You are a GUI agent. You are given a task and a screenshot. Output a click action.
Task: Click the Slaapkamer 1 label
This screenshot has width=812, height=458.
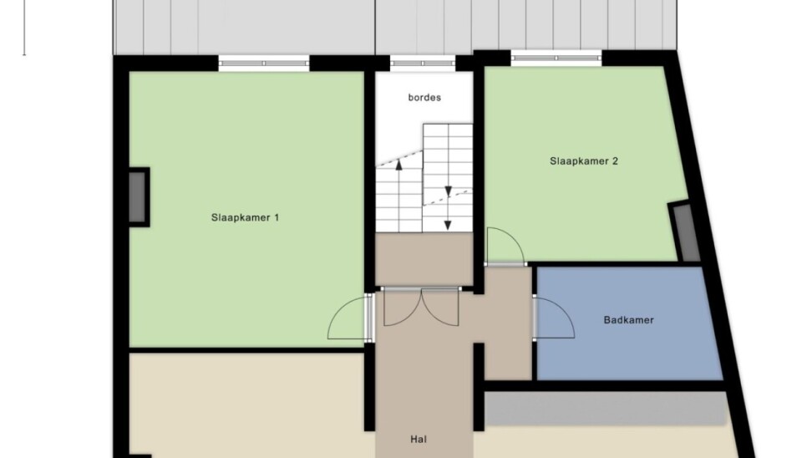(x=245, y=217)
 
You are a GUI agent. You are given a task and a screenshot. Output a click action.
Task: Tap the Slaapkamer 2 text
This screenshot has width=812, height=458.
(x=584, y=161)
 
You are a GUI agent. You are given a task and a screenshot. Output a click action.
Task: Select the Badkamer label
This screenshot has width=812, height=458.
(x=629, y=320)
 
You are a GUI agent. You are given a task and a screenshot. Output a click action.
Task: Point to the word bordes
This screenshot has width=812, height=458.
(x=424, y=98)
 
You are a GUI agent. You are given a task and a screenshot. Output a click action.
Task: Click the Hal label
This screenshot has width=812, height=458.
(x=419, y=440)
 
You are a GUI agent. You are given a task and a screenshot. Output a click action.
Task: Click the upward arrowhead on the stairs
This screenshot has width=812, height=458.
(x=398, y=165)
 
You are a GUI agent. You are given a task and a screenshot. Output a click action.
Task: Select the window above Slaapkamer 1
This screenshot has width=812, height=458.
(x=264, y=64)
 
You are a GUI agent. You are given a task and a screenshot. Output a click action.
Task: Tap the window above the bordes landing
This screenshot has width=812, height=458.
(x=423, y=64)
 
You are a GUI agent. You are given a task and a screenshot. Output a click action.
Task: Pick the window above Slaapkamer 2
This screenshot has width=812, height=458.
(x=556, y=58)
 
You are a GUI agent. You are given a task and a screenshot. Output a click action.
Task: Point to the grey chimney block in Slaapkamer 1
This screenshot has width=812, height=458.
(x=138, y=197)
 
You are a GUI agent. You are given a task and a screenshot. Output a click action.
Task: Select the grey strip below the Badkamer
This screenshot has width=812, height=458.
(x=605, y=408)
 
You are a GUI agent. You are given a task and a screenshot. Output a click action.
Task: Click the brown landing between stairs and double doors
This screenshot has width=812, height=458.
(x=424, y=259)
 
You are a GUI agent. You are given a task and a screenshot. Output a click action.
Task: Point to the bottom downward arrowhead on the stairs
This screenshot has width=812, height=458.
(x=448, y=226)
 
